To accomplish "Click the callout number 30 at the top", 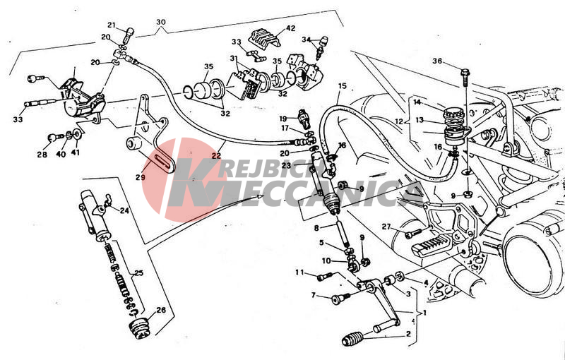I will pos(161,22).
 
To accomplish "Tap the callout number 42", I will pos(290,29).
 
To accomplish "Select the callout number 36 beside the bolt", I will pos(438,61).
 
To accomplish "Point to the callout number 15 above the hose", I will pos(343,87).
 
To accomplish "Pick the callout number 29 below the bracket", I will pos(141,177).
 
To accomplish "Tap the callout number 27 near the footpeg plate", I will pos(386,227).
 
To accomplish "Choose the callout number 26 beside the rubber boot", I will pos(160,309).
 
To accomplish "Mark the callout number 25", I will pos(138,272).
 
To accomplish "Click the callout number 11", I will pos(299,272).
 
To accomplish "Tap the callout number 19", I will pos(282,119).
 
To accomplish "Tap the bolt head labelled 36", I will pos(465,72).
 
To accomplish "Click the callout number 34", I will pos(307,40).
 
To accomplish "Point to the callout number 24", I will pos(124,210).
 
